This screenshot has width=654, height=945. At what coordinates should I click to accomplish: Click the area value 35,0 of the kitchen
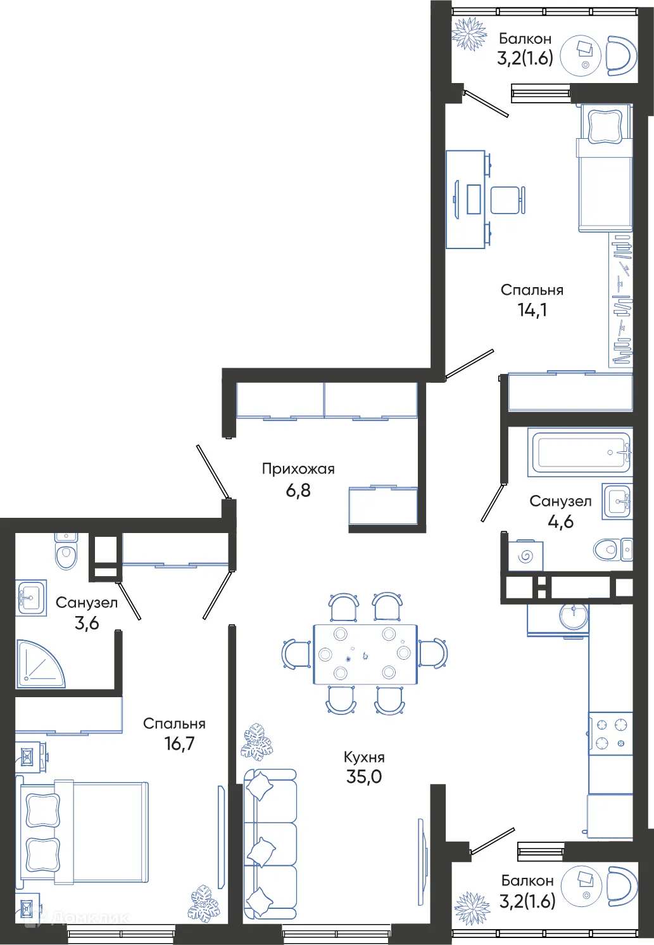pyautogui.click(x=364, y=776)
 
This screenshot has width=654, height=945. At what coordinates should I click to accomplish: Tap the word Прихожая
pyautogui.click(x=298, y=469)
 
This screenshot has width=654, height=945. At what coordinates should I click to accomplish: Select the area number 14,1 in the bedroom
pyautogui.click(x=532, y=310)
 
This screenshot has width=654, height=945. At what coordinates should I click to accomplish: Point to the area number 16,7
pyautogui.click(x=179, y=743)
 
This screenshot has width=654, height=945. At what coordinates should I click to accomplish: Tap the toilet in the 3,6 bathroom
pyautogui.click(x=66, y=553)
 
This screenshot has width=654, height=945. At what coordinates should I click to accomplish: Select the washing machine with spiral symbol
pyautogui.click(x=525, y=556)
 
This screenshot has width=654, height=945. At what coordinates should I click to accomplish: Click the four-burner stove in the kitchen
pyautogui.click(x=610, y=734)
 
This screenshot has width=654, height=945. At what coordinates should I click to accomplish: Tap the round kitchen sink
pyautogui.click(x=574, y=615)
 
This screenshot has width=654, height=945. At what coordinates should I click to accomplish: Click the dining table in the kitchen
pyautogui.click(x=365, y=654)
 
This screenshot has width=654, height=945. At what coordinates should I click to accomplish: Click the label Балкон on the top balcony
pyautogui.click(x=525, y=39)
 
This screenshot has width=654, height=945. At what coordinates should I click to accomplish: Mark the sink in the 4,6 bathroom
pyautogui.click(x=617, y=501)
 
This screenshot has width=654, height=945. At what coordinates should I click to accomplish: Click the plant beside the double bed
pyautogui.click(x=204, y=903)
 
